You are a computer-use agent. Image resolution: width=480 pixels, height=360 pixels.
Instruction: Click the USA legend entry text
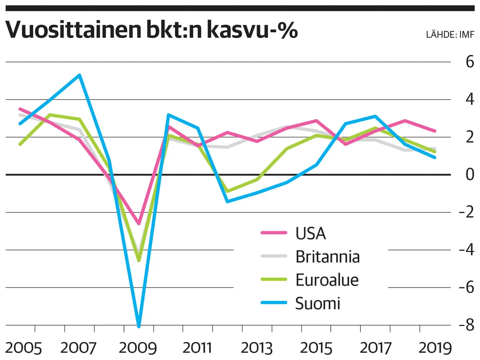click(x=310, y=233)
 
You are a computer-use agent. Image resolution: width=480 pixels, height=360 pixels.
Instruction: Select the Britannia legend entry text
click(x=328, y=256)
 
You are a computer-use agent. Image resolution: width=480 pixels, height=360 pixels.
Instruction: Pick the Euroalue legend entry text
click(x=327, y=280)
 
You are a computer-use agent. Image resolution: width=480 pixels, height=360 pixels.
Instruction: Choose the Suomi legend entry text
click(x=318, y=304)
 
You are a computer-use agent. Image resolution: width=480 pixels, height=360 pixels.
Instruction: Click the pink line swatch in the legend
click(x=274, y=232)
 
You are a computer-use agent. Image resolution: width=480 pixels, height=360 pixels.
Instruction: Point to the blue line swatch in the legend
click(x=274, y=303)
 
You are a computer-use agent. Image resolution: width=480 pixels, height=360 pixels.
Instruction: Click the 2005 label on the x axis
click(x=24, y=348)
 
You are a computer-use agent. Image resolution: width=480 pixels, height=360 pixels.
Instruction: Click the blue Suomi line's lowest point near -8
click(x=139, y=326)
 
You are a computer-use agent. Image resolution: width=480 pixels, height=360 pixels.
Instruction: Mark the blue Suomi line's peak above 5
click(x=80, y=75)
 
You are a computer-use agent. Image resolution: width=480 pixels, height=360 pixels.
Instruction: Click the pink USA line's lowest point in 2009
click(x=139, y=224)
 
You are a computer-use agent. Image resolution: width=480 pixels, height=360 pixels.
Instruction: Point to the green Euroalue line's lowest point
click(x=139, y=260)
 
